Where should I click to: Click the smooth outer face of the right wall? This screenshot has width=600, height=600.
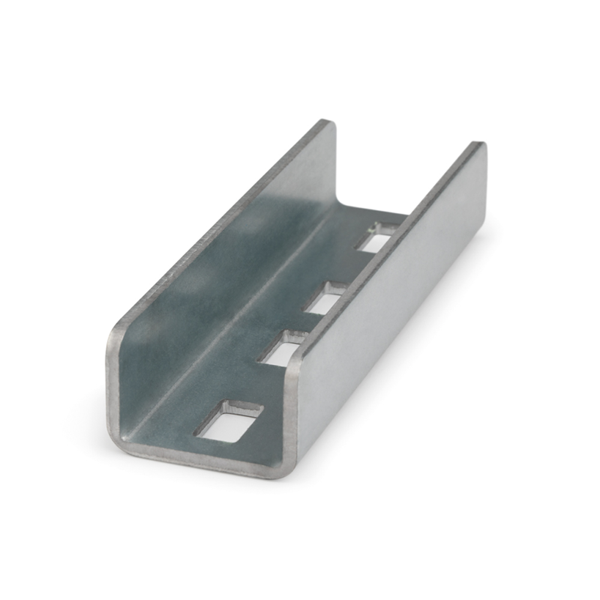[396, 312]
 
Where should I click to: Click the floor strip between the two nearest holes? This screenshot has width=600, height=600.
[252, 387]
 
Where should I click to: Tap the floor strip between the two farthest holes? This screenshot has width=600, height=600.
[348, 270]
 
